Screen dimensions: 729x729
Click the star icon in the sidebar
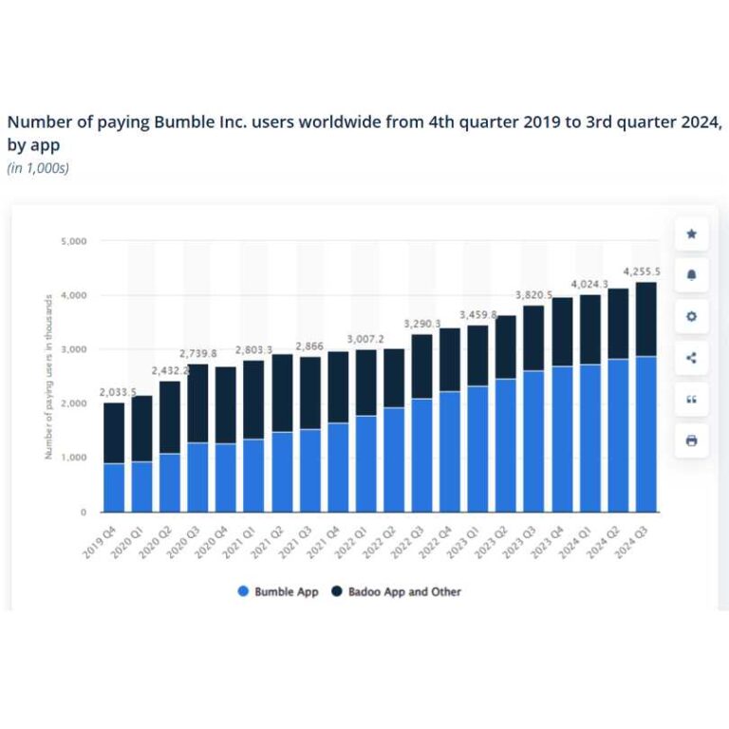[x=691, y=234]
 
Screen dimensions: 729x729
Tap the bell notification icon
[x=691, y=275]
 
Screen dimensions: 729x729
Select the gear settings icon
[x=691, y=316]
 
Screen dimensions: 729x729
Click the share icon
[x=691, y=358]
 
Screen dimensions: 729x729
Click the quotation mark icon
[x=691, y=400]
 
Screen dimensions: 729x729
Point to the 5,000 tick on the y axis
[x=74, y=242]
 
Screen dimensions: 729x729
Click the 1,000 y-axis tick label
[x=74, y=458]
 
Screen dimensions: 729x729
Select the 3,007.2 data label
[x=365, y=339]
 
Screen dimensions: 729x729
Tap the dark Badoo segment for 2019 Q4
[x=114, y=433]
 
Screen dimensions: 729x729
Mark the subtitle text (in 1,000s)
[x=38, y=168]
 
